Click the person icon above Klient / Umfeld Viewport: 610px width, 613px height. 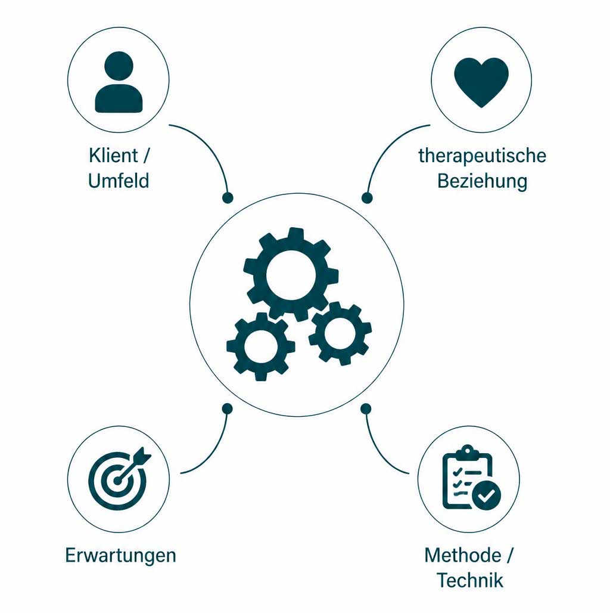[x=119, y=82]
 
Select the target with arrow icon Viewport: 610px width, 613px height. [x=120, y=478]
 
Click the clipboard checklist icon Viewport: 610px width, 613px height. [x=471, y=478]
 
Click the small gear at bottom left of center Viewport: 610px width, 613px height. [x=260, y=346]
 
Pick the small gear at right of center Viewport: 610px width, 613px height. [x=340, y=333]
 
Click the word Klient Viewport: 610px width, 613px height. [x=113, y=156]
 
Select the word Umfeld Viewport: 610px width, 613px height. [x=119, y=181]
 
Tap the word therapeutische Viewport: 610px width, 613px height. [x=483, y=156]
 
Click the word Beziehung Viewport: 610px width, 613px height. [x=483, y=181]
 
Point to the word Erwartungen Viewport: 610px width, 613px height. [x=121, y=556]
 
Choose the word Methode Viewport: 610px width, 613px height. [x=463, y=556]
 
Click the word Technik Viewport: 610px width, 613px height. [x=470, y=580]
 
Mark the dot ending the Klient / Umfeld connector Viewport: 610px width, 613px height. [x=228, y=198]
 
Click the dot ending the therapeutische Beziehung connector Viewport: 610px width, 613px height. [x=367, y=198]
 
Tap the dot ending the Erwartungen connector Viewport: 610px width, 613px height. [x=228, y=409]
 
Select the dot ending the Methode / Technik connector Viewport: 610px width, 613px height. [x=366, y=409]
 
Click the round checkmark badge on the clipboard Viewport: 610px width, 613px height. [x=487, y=496]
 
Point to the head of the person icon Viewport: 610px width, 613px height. [x=119, y=66]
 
